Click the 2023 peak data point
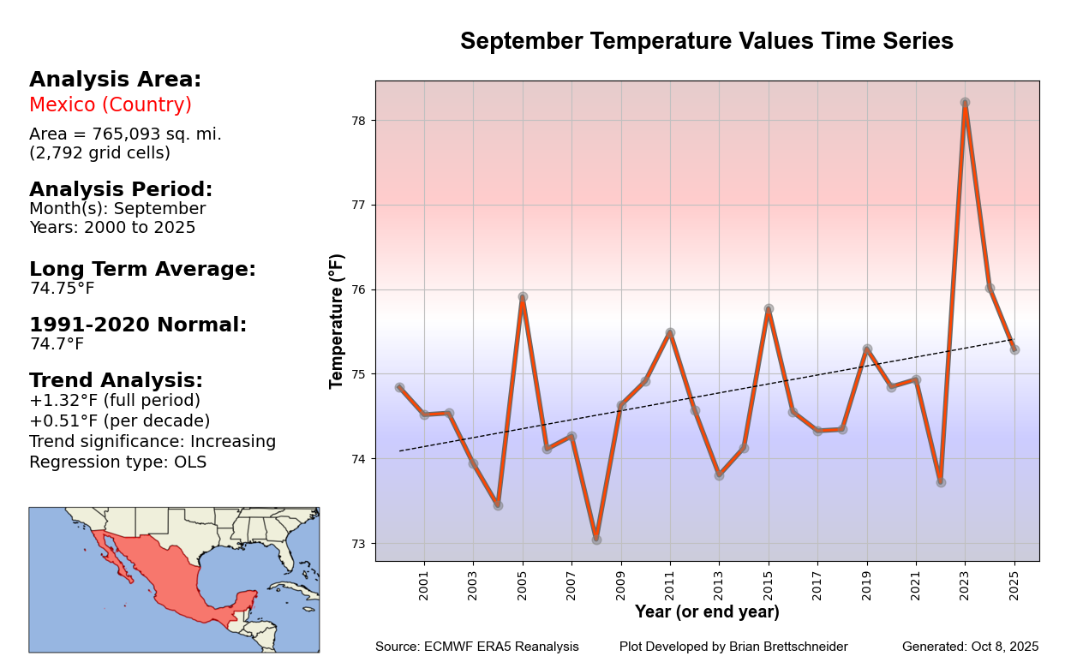[x=965, y=102]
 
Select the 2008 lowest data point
[x=596, y=540]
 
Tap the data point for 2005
[x=523, y=296]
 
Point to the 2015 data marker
[x=769, y=308]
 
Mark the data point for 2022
[x=941, y=482]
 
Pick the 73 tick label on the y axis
[x=358, y=544]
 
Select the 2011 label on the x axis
[x=669, y=586]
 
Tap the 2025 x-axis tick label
[x=1014, y=586]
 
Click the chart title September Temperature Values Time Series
[x=707, y=41]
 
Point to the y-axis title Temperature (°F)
[x=337, y=321]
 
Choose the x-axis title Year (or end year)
[x=707, y=611]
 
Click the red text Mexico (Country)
[x=111, y=104]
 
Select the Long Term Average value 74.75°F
[x=63, y=288]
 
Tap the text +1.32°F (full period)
[x=115, y=400]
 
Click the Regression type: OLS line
[x=117, y=462]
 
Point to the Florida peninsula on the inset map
[x=287, y=554]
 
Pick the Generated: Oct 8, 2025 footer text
[x=970, y=647]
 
